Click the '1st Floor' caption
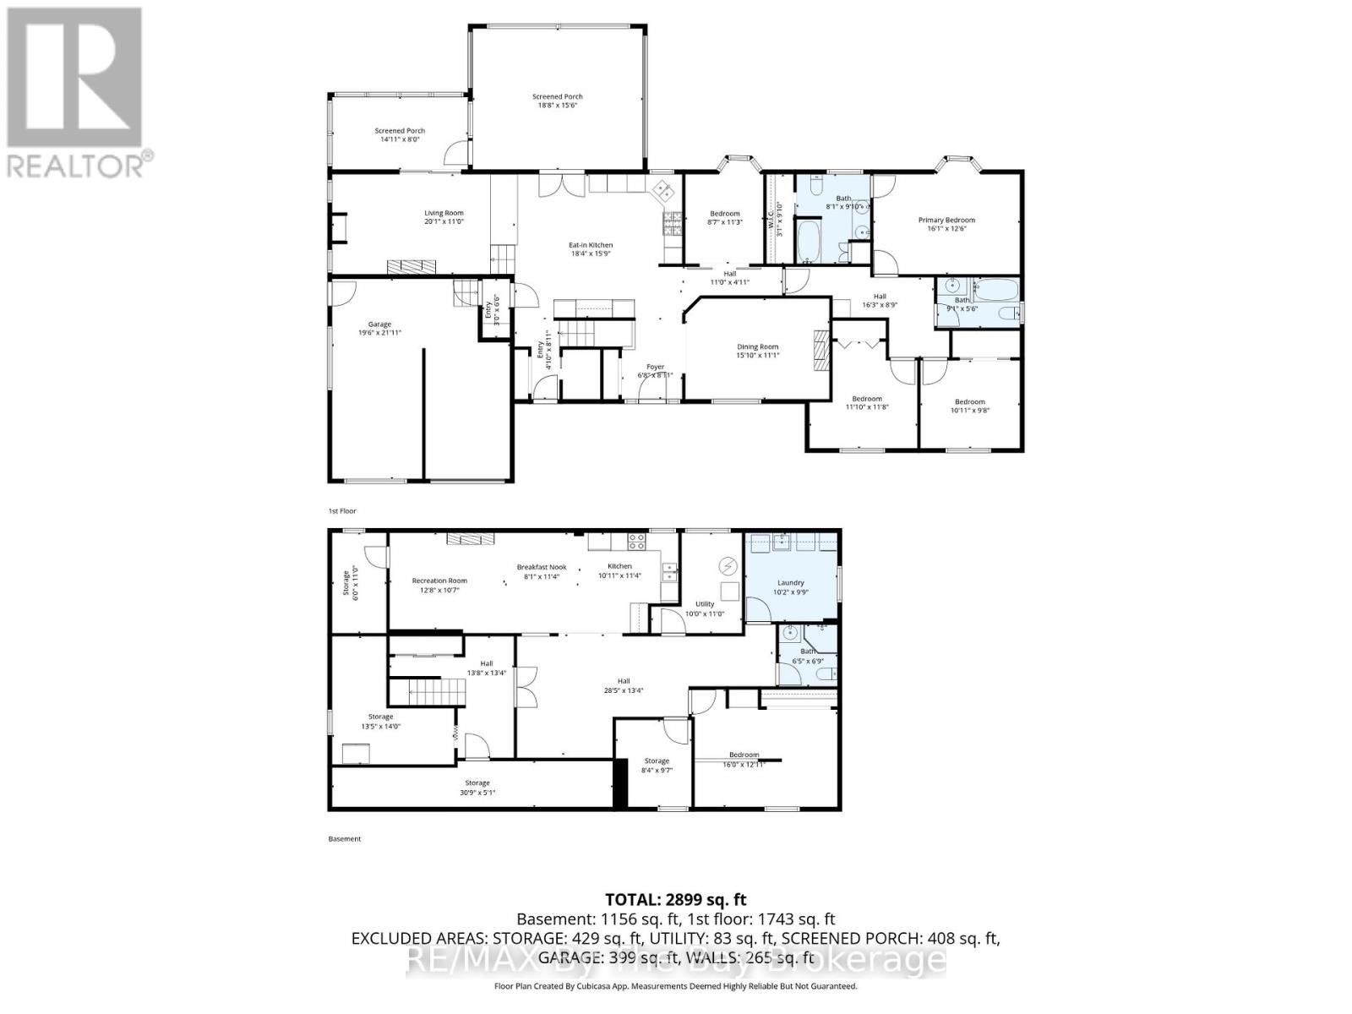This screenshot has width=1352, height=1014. click(x=342, y=511)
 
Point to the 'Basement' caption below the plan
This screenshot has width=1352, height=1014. click(x=344, y=839)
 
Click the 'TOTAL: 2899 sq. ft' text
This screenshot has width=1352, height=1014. click(x=676, y=900)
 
